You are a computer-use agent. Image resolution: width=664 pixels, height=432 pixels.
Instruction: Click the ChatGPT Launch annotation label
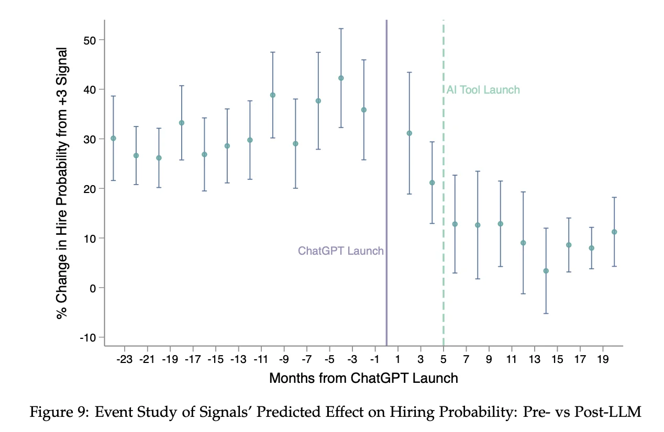(340, 251)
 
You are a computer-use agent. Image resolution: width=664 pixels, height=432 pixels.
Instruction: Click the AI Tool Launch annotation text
(483, 90)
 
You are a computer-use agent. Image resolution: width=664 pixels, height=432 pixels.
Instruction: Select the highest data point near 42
(341, 78)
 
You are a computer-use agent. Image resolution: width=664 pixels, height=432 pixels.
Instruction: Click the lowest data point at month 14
(546, 271)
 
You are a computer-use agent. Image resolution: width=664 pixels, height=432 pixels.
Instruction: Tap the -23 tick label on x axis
(125, 360)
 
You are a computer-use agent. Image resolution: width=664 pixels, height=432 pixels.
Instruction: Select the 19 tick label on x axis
(602, 360)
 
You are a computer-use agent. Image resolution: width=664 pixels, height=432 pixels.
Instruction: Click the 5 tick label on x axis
(444, 360)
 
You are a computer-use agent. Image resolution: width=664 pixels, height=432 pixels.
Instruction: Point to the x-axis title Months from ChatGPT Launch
(363, 378)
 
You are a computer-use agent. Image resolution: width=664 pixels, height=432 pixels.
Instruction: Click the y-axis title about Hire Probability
(62, 183)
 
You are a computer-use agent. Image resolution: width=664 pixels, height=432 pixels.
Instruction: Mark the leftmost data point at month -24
(113, 138)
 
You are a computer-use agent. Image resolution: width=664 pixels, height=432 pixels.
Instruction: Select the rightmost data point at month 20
(614, 232)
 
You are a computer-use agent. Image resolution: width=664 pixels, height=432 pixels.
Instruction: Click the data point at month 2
(410, 133)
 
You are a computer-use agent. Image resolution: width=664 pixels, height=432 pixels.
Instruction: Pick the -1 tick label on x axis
(375, 360)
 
